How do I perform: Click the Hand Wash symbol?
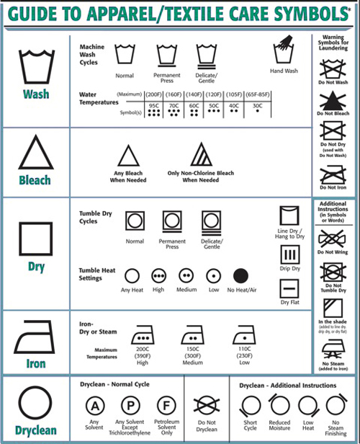(283, 52)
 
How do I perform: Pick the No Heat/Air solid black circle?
(240, 275)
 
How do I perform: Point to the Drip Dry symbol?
(288, 256)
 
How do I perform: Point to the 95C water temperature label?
(153, 106)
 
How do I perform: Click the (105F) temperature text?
(235, 94)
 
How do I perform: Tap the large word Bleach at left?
(35, 180)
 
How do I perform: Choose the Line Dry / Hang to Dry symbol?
(288, 218)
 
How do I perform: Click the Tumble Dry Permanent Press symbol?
(171, 221)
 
